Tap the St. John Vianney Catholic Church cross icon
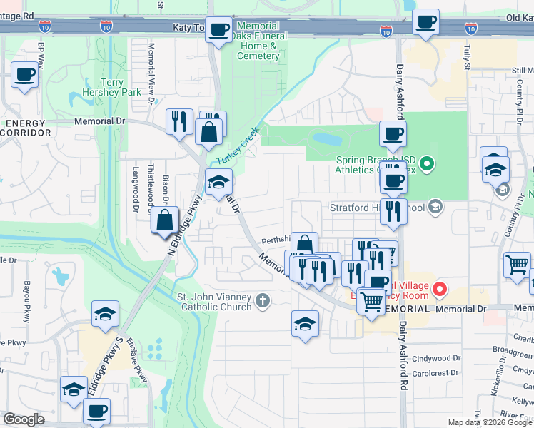(x=263, y=301)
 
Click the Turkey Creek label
(x=238, y=150)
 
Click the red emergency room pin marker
(x=439, y=290)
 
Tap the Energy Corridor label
(x=26, y=128)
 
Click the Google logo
(x=24, y=419)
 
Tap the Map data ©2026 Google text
(x=490, y=422)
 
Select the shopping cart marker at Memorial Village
(x=371, y=301)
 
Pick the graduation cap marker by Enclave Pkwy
(x=104, y=314)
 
